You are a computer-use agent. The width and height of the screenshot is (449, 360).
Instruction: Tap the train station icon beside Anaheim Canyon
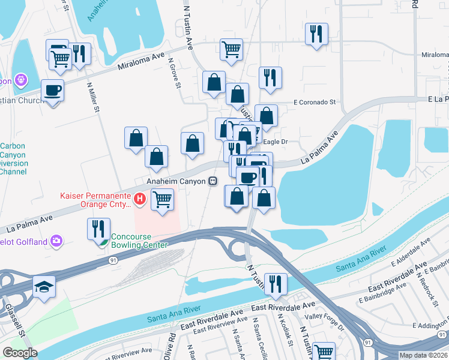point(212,181)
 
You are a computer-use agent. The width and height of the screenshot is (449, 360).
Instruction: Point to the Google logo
point(20,353)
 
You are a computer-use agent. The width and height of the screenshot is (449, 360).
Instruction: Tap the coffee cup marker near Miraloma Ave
point(52,90)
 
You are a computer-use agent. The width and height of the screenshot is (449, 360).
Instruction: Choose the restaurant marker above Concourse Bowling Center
point(97,228)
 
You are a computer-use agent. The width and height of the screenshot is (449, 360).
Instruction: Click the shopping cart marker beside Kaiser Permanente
point(162,199)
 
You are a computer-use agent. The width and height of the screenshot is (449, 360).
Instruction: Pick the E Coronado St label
point(315,103)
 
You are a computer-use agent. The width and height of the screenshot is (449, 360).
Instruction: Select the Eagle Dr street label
point(277,142)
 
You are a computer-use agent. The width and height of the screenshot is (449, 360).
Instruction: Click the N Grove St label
point(175,73)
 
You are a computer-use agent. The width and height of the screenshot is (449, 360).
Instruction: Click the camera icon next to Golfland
point(56,241)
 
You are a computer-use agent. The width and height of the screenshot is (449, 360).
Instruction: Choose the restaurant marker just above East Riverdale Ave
point(276,284)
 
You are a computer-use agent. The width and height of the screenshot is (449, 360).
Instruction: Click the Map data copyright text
point(423,355)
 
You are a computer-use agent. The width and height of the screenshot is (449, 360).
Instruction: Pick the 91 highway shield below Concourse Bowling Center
point(113,260)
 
